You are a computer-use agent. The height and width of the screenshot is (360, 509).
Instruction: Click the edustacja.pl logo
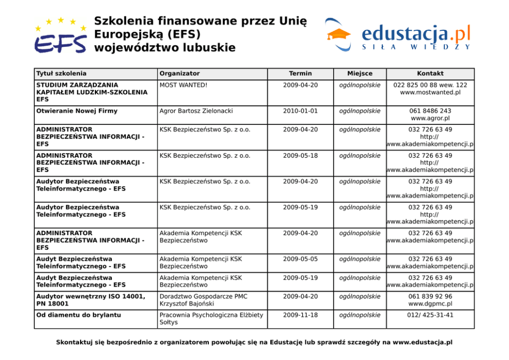(x=398, y=35)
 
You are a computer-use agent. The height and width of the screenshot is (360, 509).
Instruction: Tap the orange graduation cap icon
(x=339, y=34)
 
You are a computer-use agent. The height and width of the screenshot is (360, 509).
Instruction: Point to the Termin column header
(x=300, y=73)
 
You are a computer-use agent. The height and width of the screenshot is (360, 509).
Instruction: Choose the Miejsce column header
(x=360, y=73)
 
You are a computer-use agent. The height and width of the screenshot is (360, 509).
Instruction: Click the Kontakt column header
(x=430, y=73)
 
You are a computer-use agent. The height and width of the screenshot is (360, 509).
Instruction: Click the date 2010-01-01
(x=300, y=111)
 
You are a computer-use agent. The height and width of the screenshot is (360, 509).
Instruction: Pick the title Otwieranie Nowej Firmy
(x=77, y=111)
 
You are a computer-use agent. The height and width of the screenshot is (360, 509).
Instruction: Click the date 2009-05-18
(x=300, y=156)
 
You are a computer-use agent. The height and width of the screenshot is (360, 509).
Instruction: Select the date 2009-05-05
(x=300, y=259)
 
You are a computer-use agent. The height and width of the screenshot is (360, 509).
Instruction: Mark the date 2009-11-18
(x=300, y=315)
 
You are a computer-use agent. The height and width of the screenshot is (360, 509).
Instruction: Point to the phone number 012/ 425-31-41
(x=430, y=315)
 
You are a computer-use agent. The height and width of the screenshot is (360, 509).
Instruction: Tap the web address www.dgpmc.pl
(x=430, y=304)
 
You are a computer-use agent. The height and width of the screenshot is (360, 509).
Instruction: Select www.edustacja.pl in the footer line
(x=422, y=342)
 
